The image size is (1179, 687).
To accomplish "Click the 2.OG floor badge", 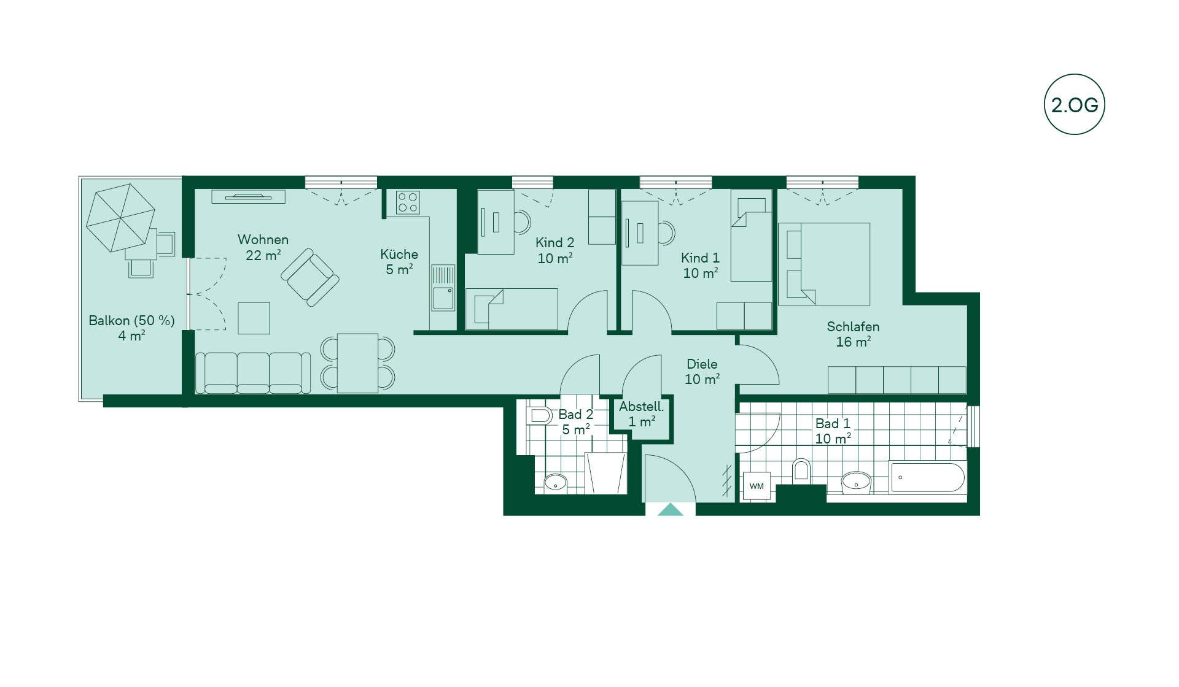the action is coord(1074,104).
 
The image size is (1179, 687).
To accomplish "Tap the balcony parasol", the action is coord(120,217).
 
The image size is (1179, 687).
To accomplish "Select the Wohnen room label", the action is coord(263,239).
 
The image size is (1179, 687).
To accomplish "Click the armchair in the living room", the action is coord(310,277).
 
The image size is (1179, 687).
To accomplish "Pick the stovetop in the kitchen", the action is coord(407,202).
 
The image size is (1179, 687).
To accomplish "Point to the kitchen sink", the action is coord(443,288).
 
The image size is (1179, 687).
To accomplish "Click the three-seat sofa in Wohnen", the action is coord(253,372).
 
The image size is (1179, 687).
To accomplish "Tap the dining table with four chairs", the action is coord(357,363).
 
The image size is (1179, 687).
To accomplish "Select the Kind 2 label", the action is coord(554,243).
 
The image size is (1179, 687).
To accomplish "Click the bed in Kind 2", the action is coord(512,309).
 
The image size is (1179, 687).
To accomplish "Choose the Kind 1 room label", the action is coord(700,258).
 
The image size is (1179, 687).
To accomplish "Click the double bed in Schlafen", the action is coord(824,264).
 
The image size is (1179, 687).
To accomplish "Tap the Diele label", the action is coord(702,364).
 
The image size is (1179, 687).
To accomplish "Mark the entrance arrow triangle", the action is coord(671,510).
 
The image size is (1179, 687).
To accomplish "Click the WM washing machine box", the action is coord(757,486).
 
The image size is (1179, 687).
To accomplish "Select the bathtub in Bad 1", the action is coord(927,478).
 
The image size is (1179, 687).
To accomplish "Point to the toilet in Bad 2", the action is coord(539,415).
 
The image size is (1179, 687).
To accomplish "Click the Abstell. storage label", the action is coord(641,406).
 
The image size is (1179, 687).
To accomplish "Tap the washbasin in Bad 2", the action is coord(556,483).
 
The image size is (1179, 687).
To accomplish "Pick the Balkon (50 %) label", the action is coord(131,320).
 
